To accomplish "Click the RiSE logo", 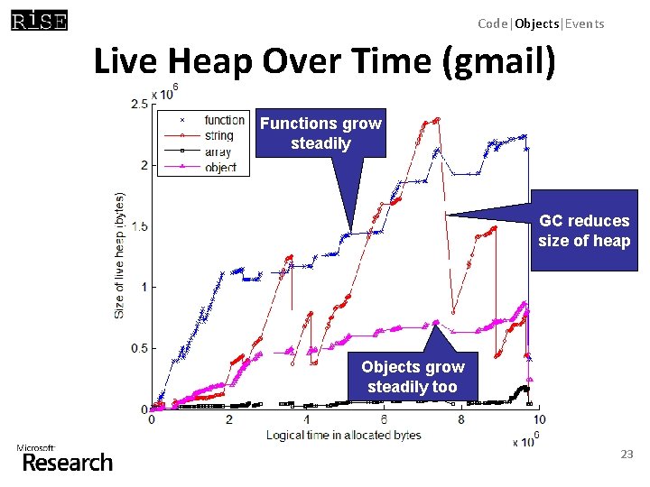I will pyautogui.click(x=39, y=20).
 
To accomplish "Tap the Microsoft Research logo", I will pyautogui.click(x=65, y=459).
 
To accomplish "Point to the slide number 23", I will pyautogui.click(x=627, y=455).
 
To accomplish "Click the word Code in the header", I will pyautogui.click(x=494, y=23).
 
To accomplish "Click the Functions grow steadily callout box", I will pyautogui.click(x=320, y=133).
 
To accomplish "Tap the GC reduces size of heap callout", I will pyautogui.click(x=583, y=230).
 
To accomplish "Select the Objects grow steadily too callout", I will pyautogui.click(x=413, y=376).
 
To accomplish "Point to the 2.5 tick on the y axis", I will pyautogui.click(x=139, y=105).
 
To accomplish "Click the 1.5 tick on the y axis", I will pyautogui.click(x=139, y=226).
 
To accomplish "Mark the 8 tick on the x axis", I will pyautogui.click(x=461, y=420).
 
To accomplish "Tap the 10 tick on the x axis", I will pyautogui.click(x=539, y=420).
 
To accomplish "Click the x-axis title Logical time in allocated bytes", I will pyautogui.click(x=343, y=435).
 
